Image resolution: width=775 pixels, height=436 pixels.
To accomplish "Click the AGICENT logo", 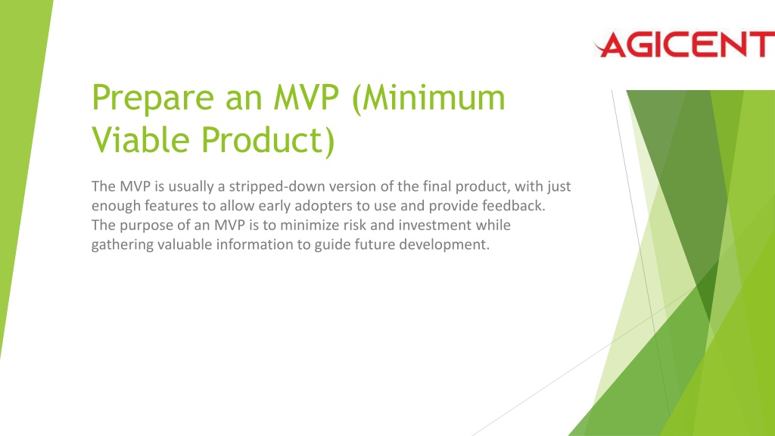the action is click(684, 44).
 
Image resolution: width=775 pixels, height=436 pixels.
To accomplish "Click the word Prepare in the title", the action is click(153, 99).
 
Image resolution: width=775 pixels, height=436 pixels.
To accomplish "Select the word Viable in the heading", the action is click(141, 139).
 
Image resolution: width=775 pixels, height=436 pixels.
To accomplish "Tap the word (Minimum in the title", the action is click(428, 99).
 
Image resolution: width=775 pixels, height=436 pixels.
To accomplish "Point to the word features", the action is click(171, 206).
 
